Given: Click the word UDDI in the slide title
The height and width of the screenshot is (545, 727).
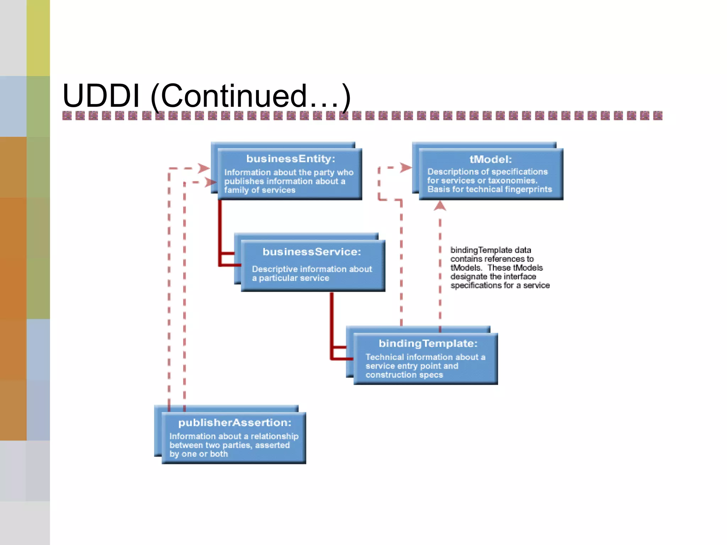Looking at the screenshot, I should coord(101,96).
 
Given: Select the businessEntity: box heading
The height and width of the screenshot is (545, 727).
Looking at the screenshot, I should coord(290,159).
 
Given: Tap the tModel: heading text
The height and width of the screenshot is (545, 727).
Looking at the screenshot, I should coord(491,159).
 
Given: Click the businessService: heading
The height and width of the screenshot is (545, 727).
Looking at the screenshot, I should coord(312,252).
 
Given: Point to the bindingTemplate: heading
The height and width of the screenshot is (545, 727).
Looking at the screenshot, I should coord(428,343).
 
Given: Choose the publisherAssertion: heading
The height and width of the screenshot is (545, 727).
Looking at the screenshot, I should coord(235,423).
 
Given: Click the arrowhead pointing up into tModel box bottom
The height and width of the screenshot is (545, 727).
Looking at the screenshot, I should coord(440,205).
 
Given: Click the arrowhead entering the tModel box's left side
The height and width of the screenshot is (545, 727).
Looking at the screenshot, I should coord(405,167).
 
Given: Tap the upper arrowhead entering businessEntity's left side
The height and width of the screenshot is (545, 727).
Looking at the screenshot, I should coord(204,168).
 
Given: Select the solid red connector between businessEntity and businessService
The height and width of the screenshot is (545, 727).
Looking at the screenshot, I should coord(220,231).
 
